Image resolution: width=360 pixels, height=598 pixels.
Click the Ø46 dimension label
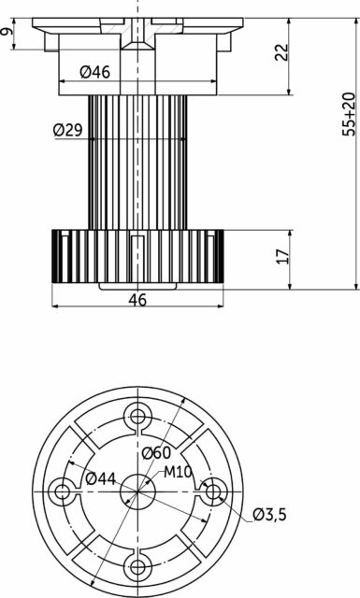point(95,72)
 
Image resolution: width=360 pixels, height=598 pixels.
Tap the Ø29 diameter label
point(68,131)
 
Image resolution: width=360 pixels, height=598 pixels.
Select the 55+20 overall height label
point(349,114)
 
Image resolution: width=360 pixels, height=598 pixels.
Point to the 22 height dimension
point(281,52)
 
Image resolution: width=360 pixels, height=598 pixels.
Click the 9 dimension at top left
point(7,32)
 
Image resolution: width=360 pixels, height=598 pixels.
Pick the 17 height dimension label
point(283,256)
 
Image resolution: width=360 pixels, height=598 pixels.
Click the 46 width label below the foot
point(137,300)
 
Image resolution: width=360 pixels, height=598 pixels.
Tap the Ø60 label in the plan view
point(156,453)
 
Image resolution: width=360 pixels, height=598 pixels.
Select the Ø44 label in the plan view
point(100,478)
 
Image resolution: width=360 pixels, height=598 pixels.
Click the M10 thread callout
point(178,472)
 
